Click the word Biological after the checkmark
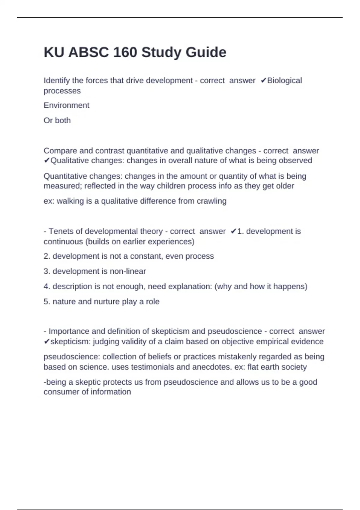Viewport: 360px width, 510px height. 284,80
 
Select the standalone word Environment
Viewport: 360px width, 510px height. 66,105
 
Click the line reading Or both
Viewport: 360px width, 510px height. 57,120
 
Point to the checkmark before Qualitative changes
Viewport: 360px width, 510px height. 46,161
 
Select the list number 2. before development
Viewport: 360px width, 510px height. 47,256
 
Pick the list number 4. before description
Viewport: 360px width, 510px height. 47,286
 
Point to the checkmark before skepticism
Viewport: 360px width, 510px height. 46,342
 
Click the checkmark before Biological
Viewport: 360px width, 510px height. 263,81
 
